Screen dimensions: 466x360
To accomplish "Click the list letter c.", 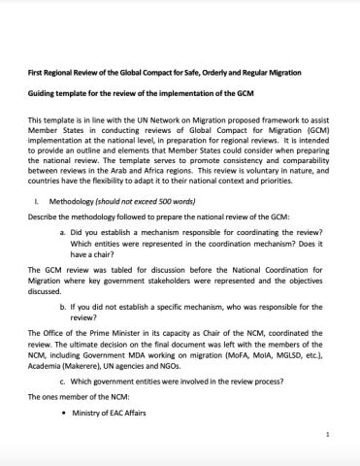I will point(62,380).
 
